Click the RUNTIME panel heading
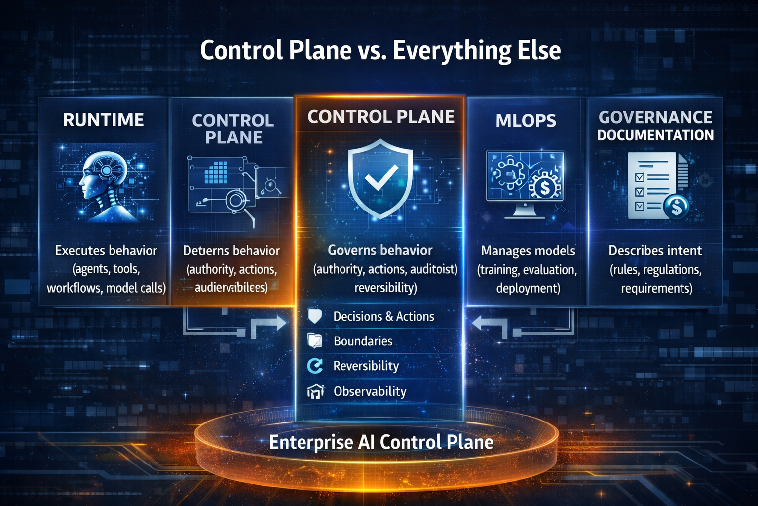click(103, 120)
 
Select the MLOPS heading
click(526, 121)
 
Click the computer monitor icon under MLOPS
click(525, 183)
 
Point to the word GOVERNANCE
click(655, 117)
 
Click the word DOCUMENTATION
click(655, 135)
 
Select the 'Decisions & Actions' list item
click(383, 316)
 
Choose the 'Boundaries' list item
click(363, 341)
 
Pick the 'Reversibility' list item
click(366, 366)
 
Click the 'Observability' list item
click(370, 391)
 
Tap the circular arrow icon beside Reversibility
click(315, 366)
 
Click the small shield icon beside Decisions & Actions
click(315, 316)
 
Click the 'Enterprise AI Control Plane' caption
click(381, 442)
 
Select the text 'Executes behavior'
click(106, 251)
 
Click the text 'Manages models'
click(528, 251)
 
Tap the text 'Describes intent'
click(655, 251)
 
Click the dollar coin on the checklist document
click(677, 206)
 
